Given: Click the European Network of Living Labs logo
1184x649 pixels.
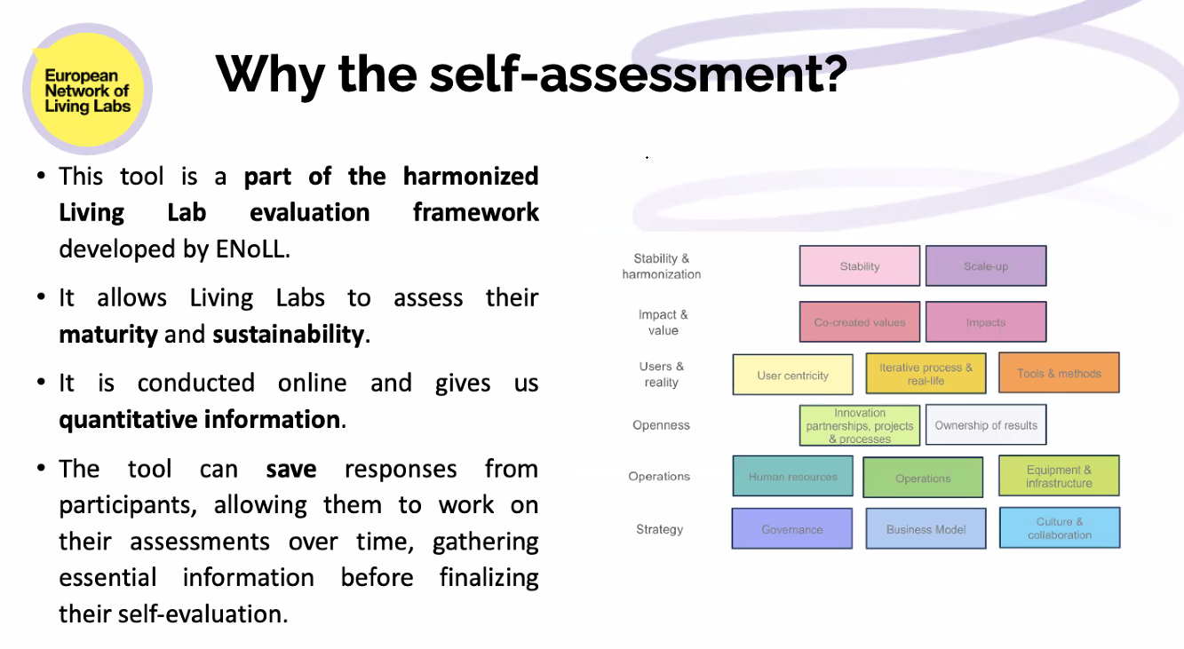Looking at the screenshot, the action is [x=88, y=89].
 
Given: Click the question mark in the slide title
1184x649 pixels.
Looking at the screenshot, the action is [x=831, y=73].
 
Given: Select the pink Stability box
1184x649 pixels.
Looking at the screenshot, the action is [x=860, y=265].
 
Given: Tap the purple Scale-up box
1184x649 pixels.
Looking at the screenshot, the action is [x=986, y=265].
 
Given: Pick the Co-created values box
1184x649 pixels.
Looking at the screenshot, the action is [x=860, y=322].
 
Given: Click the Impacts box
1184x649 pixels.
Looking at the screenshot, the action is [x=986, y=322].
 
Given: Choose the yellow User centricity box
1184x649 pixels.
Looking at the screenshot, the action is [x=793, y=375].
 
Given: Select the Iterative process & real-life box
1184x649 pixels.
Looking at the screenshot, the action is [x=926, y=374].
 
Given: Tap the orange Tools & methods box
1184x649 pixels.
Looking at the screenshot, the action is [x=1060, y=373].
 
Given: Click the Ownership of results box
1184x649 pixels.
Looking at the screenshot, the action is [x=986, y=425].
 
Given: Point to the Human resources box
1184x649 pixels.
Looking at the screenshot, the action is [x=793, y=476].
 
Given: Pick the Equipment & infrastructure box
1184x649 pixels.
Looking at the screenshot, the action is [x=1060, y=476].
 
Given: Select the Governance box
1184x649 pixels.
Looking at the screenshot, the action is [x=791, y=528].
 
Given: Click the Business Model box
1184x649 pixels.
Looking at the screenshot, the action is [x=926, y=528].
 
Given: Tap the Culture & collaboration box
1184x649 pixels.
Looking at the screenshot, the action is [x=1060, y=527].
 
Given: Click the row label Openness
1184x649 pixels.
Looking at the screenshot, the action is [x=661, y=425].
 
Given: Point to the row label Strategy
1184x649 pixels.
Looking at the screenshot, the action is [x=660, y=529].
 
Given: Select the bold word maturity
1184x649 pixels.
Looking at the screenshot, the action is [x=108, y=335].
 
